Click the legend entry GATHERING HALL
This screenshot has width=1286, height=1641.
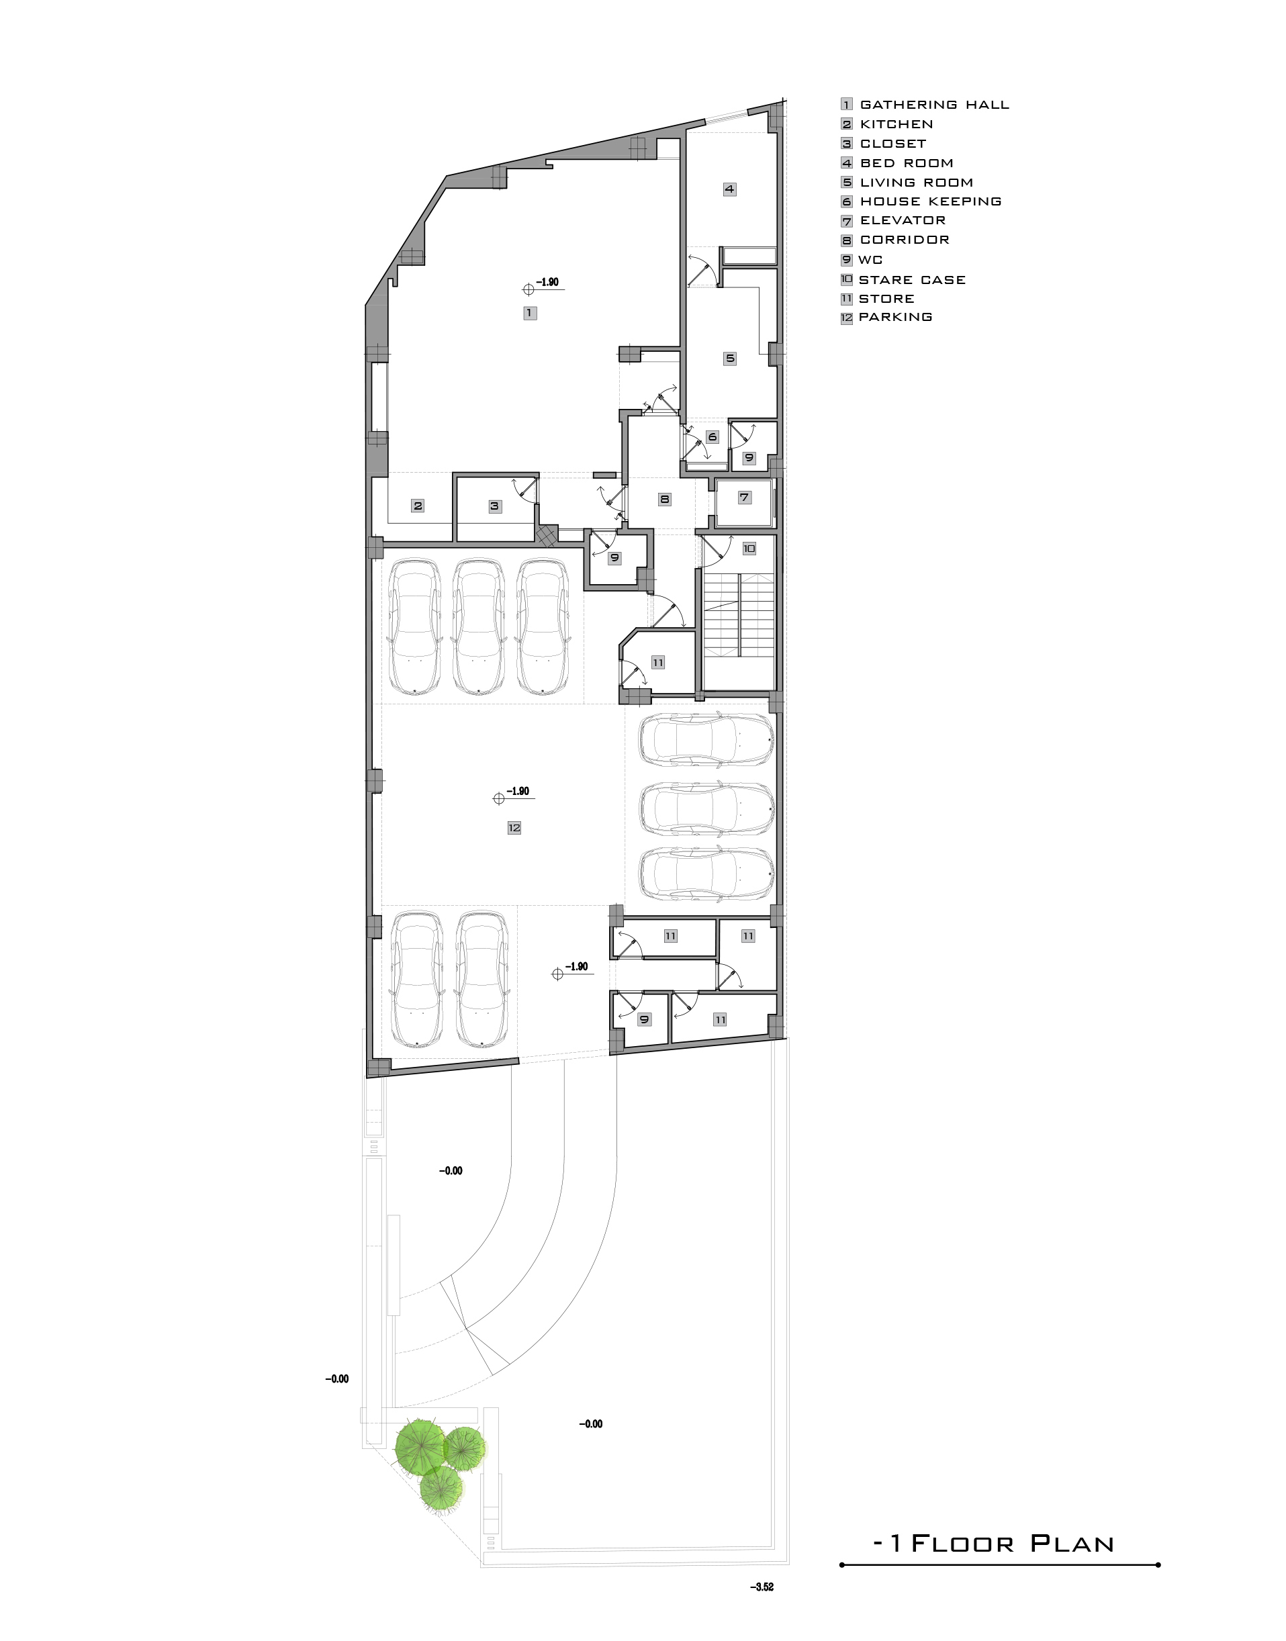pyautogui.click(x=934, y=105)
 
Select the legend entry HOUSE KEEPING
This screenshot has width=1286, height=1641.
pyautogui.click(x=931, y=201)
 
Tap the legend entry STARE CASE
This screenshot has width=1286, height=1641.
pyautogui.click(x=912, y=280)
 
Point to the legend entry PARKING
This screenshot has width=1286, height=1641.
pyautogui.click(x=895, y=317)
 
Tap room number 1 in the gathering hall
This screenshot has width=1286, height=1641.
pyautogui.click(x=530, y=312)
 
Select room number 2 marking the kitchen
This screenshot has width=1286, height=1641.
pyautogui.click(x=418, y=506)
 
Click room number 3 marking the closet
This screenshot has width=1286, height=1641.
pyautogui.click(x=495, y=506)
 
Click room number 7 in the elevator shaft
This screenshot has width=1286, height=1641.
pyautogui.click(x=744, y=497)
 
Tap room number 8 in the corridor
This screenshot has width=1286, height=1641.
pyautogui.click(x=664, y=498)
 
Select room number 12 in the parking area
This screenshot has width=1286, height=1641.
pyautogui.click(x=514, y=828)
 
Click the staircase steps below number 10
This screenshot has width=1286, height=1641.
pyautogui.click(x=739, y=615)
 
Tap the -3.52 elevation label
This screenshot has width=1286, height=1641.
pyautogui.click(x=762, y=1587)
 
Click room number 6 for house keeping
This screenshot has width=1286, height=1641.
pyautogui.click(x=713, y=436)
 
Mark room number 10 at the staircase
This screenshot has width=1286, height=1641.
pyautogui.click(x=749, y=549)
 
